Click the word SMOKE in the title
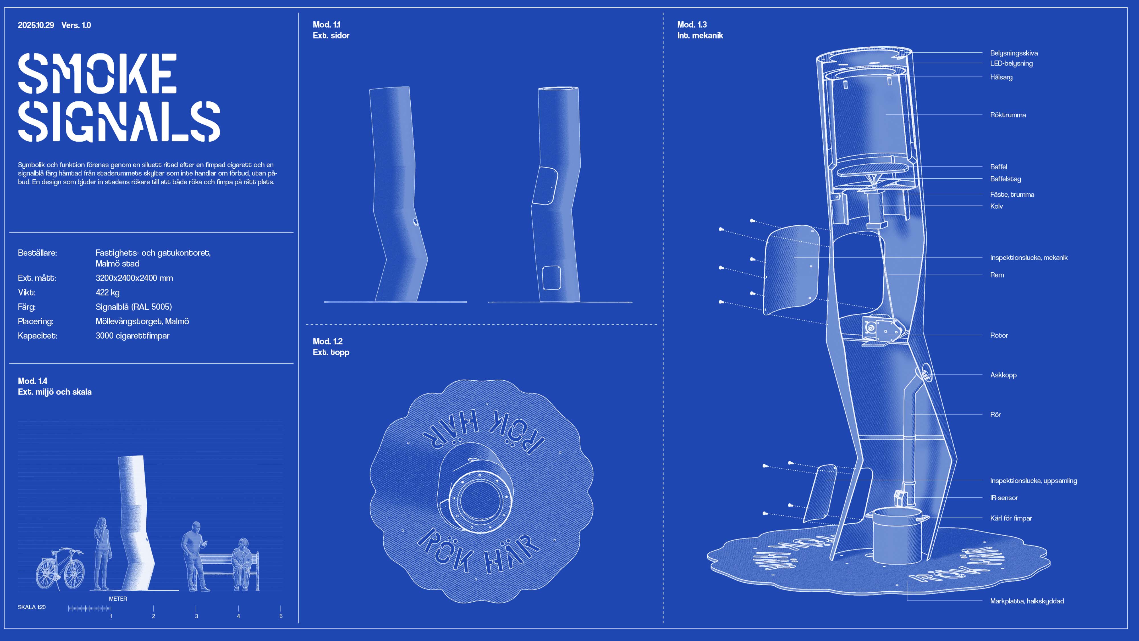pos(97,74)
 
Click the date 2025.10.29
pos(36,25)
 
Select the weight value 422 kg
pos(107,292)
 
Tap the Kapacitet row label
pos(38,336)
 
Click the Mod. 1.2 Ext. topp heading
pos(331,347)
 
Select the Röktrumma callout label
pos(1008,115)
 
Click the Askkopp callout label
pos(1003,375)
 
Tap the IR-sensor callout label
pos(1004,498)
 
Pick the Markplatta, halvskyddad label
pos(1027,601)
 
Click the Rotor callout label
pos(999,335)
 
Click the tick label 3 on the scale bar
pos(196,616)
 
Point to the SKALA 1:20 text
pos(31,607)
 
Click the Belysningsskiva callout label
pos(1013,53)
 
